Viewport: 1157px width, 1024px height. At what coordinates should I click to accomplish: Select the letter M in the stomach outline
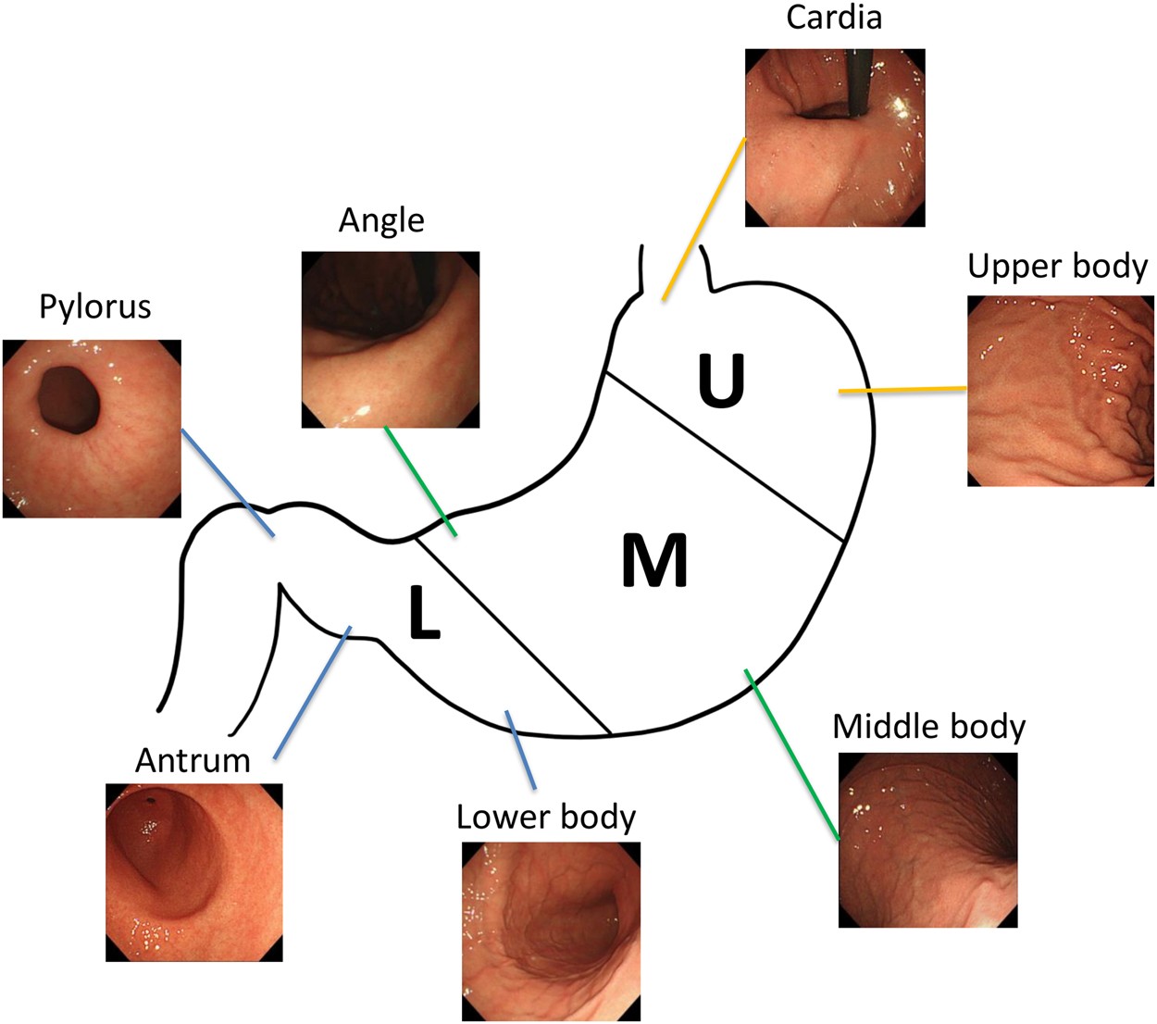[x=654, y=560]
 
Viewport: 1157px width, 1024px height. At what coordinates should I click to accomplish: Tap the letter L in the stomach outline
[x=424, y=614]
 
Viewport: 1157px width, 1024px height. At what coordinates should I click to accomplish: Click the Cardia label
[x=833, y=18]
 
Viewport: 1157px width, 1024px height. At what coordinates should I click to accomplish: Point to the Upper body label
[x=1057, y=267]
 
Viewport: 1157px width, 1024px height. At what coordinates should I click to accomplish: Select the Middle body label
[x=928, y=727]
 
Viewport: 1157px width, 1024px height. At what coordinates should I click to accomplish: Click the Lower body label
[x=546, y=817]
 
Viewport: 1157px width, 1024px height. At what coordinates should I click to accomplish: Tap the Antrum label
[x=193, y=761]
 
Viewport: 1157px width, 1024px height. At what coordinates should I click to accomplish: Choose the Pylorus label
[x=94, y=306]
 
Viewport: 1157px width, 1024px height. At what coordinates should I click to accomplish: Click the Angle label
[x=381, y=220]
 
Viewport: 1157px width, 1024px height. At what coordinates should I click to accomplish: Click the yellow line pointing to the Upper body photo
[x=902, y=390]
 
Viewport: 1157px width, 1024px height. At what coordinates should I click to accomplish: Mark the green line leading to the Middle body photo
[x=793, y=755]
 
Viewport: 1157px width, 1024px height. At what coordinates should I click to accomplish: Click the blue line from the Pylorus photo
[x=228, y=481]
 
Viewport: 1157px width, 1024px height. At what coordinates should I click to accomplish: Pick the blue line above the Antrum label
[x=312, y=693]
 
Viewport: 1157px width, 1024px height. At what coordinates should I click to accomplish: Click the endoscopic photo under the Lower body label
[x=551, y=930]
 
